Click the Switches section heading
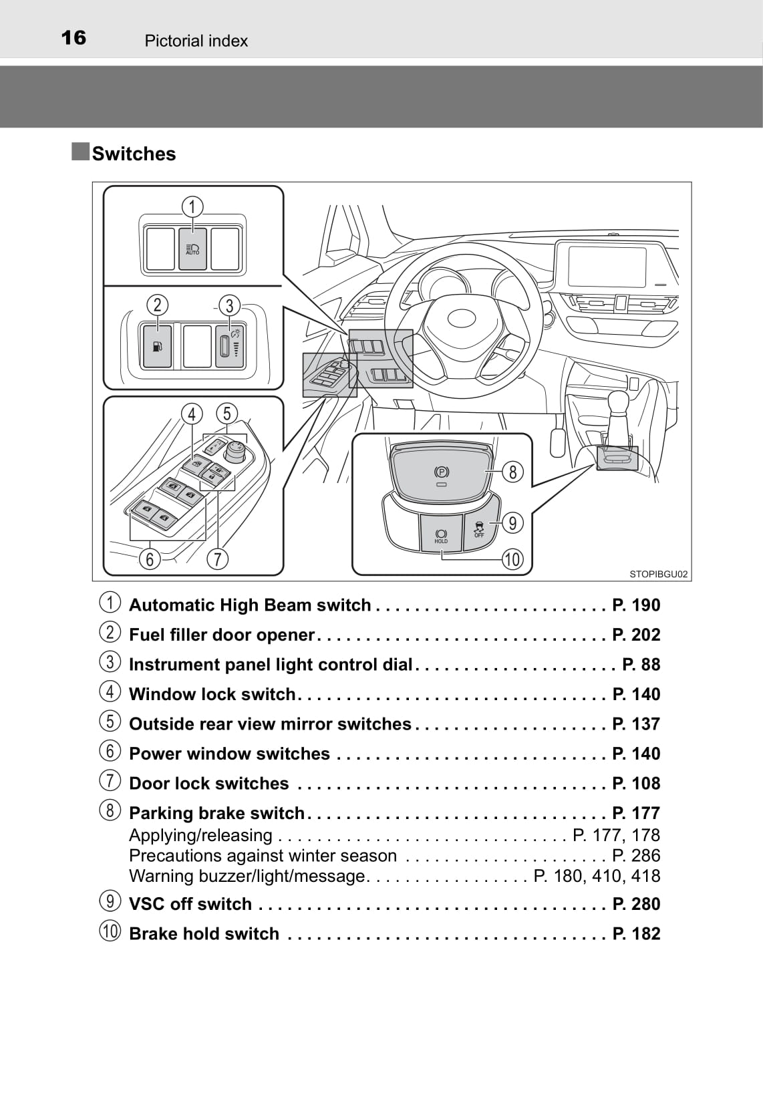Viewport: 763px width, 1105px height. (134, 154)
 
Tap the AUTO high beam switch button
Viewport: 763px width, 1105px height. (192, 249)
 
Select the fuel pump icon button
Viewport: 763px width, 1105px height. (158, 345)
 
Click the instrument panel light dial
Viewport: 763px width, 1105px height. (226, 345)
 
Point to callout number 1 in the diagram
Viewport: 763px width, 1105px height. (192, 206)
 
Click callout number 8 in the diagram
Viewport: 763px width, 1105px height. (512, 472)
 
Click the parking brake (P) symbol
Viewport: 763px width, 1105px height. (441, 472)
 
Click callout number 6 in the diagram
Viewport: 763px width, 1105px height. (150, 559)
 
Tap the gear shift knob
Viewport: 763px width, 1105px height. (618, 404)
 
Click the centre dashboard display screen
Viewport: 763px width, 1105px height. (607, 267)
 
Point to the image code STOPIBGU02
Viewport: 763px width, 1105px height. (658, 574)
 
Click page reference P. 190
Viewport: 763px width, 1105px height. (636, 605)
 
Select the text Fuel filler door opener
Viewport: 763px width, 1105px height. (221, 635)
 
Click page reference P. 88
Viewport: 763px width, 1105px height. (641, 665)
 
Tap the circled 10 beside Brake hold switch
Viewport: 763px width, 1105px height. (110, 931)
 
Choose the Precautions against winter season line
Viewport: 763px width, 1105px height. (263, 856)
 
